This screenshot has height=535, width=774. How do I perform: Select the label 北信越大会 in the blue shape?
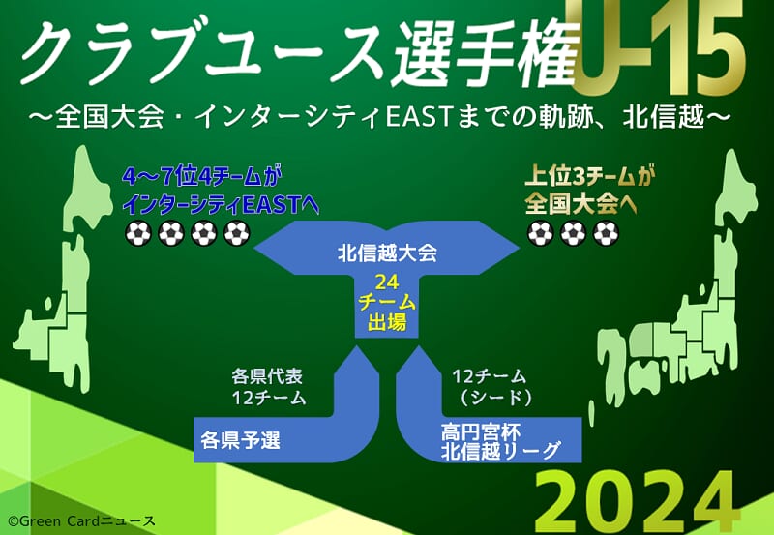pyautogui.click(x=388, y=253)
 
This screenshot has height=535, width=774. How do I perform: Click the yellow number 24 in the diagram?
pyautogui.click(x=387, y=282)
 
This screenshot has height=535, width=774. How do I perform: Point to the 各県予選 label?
pyautogui.click(x=240, y=440)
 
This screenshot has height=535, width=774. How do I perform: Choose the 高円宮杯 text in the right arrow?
pyautogui.click(x=480, y=432)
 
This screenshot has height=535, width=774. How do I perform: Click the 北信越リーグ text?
pyautogui.click(x=500, y=451)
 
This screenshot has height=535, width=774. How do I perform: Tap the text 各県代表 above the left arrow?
pyautogui.click(x=267, y=376)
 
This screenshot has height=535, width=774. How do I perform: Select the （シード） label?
pyautogui.click(x=495, y=398)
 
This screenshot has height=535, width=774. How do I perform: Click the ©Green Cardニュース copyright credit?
pyautogui.click(x=82, y=521)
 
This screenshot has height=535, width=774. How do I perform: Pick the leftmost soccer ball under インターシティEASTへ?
pyautogui.click(x=137, y=233)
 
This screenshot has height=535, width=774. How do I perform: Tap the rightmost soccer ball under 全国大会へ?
pyautogui.click(x=606, y=233)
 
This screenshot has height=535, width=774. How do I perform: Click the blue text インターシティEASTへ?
pyautogui.click(x=221, y=205)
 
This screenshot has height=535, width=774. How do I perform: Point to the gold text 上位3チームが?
pyautogui.click(x=590, y=176)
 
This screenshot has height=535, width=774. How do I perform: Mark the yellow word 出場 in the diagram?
pyautogui.click(x=387, y=322)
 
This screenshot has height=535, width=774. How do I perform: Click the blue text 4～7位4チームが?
pyautogui.click(x=201, y=176)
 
